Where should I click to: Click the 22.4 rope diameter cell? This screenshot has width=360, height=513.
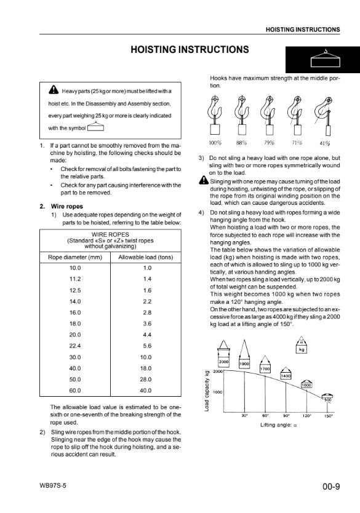pyautogui.click(x=75, y=346)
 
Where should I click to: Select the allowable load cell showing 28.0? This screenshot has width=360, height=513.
pyautogui.click(x=146, y=379)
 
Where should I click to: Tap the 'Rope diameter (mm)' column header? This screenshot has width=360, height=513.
pyautogui.click(x=75, y=257)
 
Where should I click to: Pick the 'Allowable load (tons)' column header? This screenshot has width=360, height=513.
pyautogui.click(x=146, y=257)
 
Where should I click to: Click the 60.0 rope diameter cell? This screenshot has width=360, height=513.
pyautogui.click(x=75, y=391)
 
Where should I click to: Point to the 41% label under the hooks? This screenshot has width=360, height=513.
pyautogui.click(x=325, y=143)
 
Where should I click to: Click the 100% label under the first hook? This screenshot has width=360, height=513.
pyautogui.click(x=215, y=143)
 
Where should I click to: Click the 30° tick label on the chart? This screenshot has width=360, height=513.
pyautogui.click(x=244, y=415)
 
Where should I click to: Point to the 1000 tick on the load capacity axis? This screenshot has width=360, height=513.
pyautogui.click(x=218, y=392)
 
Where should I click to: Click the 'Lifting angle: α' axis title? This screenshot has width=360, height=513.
pyautogui.click(x=279, y=425)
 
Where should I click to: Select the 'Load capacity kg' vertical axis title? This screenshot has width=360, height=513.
pyautogui.click(x=207, y=391)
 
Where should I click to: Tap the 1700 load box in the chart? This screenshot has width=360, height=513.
pyautogui.click(x=265, y=368)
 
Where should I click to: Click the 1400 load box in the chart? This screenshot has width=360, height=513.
pyautogui.click(x=286, y=376)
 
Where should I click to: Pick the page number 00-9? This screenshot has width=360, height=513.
pyautogui.click(x=331, y=487)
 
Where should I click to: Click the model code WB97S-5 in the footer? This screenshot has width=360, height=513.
pyautogui.click(x=53, y=485)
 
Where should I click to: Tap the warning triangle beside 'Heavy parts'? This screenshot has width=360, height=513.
pyautogui.click(x=54, y=89)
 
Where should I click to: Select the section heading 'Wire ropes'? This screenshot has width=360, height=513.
pyautogui.click(x=66, y=207)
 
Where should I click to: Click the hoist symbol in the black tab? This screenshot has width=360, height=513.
pyautogui.click(x=326, y=59)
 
